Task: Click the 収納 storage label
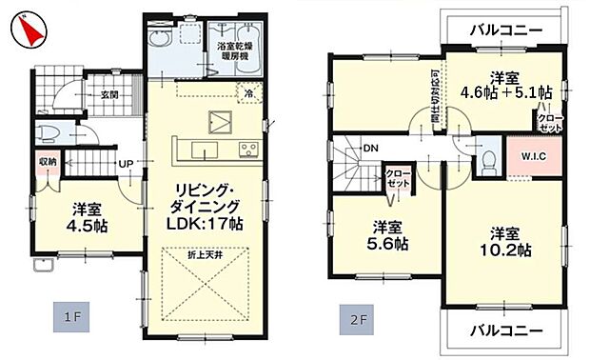click(x=46, y=162)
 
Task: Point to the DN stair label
click(x=370, y=148)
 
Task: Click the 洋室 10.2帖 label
click(x=505, y=241)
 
